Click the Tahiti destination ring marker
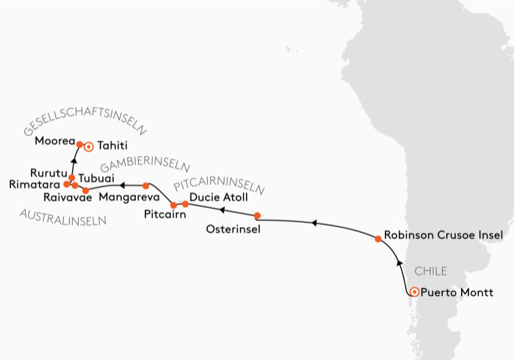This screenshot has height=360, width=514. (x=89, y=147)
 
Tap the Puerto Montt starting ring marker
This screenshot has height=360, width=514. (x=414, y=292)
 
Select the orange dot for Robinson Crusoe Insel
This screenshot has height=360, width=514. (x=378, y=239)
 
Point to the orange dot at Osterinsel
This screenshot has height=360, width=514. (x=257, y=216)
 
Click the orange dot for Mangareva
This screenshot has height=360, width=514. (x=145, y=186)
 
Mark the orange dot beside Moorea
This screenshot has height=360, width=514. (x=79, y=145)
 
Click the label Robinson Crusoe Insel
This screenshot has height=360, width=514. (x=444, y=235)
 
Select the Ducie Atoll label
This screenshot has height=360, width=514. (x=218, y=198)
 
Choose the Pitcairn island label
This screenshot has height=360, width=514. (x=164, y=216)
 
